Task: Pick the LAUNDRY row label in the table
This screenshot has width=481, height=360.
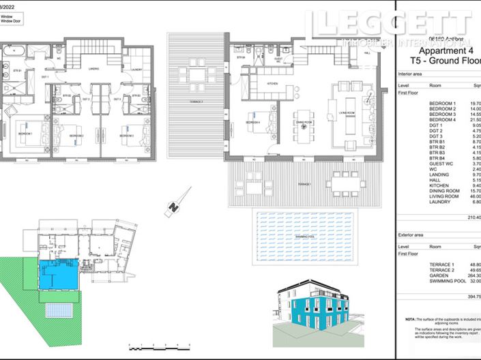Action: [x=439, y=202]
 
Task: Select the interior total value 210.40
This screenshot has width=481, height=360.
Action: [x=473, y=217]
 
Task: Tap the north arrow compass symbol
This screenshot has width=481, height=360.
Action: [x=174, y=207]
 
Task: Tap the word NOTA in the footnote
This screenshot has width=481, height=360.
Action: [x=409, y=319]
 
